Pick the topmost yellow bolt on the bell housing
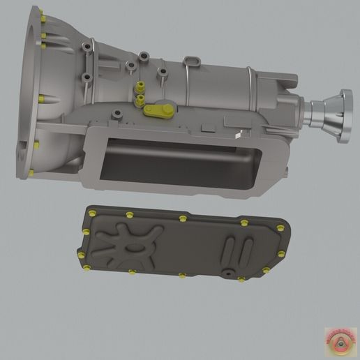point(43,17)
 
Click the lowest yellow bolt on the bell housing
point(31,172)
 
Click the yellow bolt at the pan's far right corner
point(280,228)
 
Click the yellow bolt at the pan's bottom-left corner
point(85,267)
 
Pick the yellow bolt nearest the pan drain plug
point(241,279)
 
